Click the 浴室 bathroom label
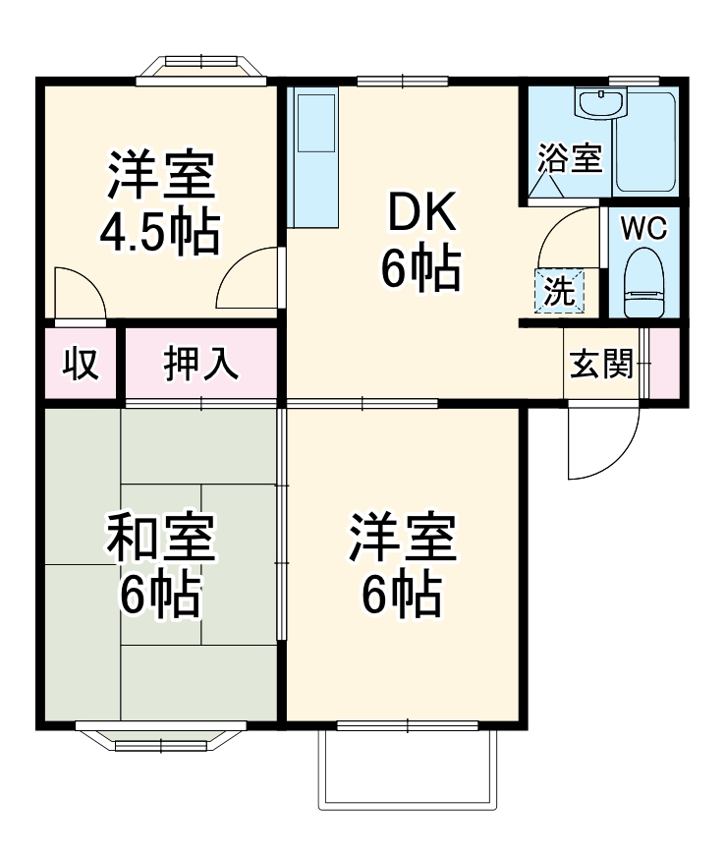click(x=569, y=159)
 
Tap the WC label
click(x=643, y=228)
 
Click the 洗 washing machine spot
click(x=559, y=291)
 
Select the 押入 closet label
click(x=200, y=364)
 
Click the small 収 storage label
click(x=80, y=364)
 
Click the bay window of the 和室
click(x=161, y=736)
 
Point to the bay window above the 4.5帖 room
click(x=200, y=68)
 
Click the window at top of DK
click(x=402, y=80)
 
